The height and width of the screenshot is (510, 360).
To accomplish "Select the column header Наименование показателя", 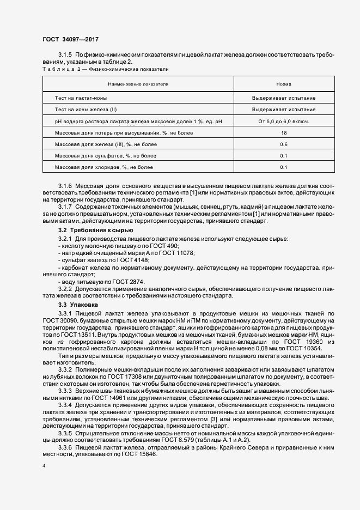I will [x=138, y=84].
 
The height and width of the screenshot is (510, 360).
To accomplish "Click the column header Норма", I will [x=283, y=84].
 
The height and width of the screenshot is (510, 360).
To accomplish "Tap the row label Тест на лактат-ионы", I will [x=80, y=98].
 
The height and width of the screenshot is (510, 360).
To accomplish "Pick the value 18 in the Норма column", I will [x=283, y=133].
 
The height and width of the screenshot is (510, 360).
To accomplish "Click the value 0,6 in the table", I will [x=283, y=144].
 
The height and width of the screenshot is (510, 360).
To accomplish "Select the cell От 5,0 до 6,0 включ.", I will [x=283, y=121].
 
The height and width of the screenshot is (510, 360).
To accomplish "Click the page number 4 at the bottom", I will [x=44, y=466].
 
